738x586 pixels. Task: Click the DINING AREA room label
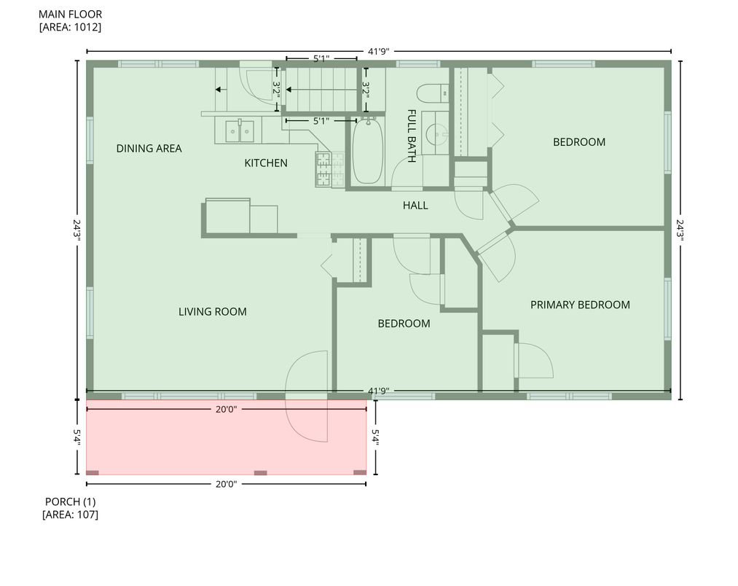149,149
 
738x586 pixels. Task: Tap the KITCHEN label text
265,163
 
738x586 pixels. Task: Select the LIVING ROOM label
212,312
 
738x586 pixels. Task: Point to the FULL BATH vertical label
412,136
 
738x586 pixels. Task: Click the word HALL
415,206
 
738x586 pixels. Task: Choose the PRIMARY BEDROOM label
579,305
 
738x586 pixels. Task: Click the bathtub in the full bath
367,152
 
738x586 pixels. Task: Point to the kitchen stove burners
323,170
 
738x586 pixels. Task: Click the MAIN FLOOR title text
70,14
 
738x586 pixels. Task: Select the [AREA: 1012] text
70,28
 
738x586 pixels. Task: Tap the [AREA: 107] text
70,515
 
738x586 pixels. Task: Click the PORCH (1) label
70,501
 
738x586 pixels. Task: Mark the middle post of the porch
260,473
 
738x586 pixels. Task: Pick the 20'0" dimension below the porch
224,484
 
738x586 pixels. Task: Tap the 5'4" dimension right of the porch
376,436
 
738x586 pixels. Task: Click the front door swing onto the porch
306,419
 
